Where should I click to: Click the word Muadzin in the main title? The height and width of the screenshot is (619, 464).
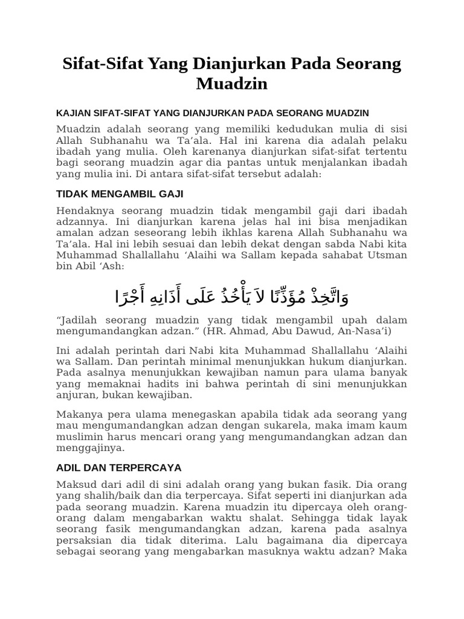click(231, 83)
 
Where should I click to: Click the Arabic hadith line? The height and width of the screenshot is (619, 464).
click(232, 296)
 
